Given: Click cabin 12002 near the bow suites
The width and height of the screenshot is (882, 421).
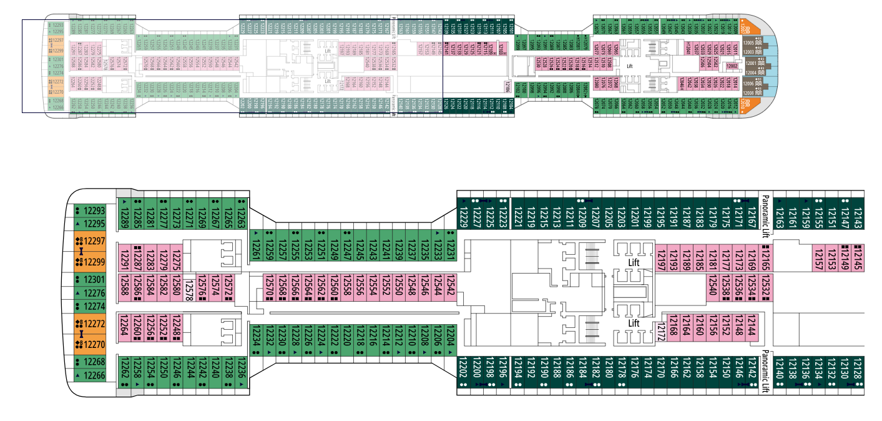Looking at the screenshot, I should coord(732,65).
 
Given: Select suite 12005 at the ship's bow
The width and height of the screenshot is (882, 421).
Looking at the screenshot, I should coord(749,43).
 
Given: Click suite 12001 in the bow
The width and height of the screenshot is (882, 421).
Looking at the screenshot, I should coord(751,62).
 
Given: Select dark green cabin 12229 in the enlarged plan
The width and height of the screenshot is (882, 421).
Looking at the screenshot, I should coord(463,213).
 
